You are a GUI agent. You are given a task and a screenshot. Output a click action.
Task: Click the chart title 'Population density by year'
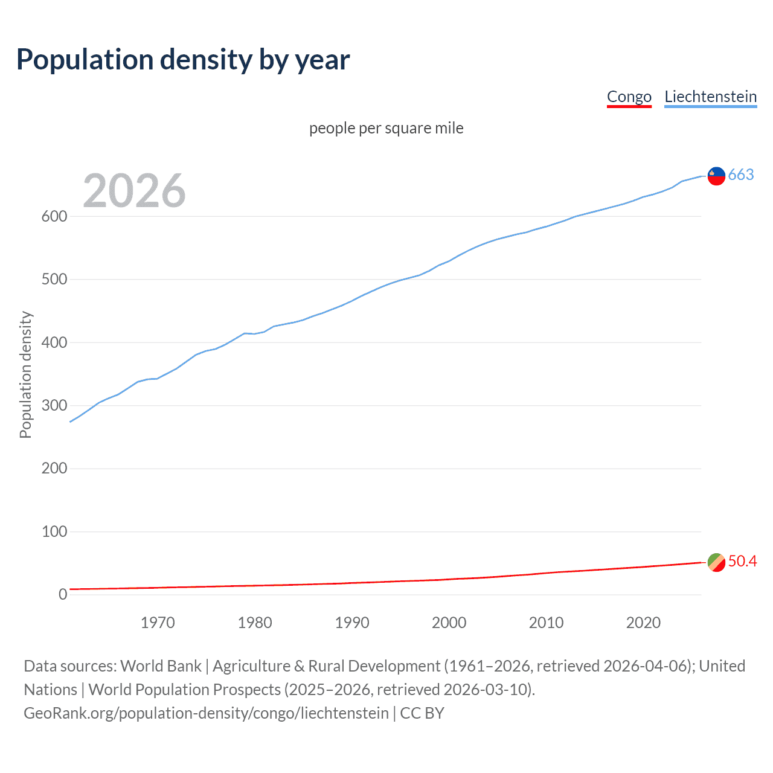point(183,60)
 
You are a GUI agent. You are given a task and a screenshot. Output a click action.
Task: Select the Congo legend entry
point(629,97)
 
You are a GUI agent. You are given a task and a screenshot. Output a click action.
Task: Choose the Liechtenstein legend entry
point(710,97)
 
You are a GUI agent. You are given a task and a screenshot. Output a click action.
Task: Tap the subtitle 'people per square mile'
point(386,128)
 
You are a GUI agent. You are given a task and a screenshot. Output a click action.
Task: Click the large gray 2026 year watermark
point(134,191)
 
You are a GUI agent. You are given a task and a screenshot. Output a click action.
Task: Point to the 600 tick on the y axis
point(54,216)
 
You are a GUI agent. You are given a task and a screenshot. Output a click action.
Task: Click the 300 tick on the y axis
point(54,405)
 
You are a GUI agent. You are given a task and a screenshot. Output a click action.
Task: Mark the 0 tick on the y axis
point(62,594)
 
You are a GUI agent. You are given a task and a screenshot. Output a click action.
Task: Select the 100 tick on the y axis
point(54,531)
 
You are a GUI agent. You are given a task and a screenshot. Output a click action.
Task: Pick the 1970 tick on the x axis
point(158,623)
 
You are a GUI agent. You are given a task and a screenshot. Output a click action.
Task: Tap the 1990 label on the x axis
point(352,623)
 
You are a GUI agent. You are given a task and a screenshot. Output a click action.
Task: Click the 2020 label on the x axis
point(643,623)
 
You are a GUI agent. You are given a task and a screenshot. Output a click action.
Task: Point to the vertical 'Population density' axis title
point(25,374)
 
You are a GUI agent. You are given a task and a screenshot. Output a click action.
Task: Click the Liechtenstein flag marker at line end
point(716,176)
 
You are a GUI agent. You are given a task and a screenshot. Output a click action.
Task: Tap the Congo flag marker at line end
point(716,562)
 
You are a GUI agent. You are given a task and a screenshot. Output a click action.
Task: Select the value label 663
point(741,175)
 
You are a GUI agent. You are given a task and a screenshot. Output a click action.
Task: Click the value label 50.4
point(742,562)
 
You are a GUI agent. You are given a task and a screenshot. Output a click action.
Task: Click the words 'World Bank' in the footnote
point(161,666)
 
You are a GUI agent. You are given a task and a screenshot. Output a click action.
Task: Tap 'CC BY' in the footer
point(422,713)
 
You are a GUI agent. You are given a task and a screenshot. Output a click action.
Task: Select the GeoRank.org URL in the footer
point(206,713)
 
